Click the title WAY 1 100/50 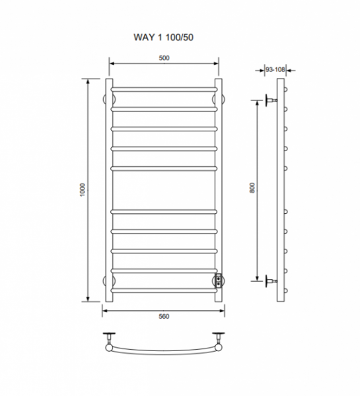pos(163,37)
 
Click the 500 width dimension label pos(164,58)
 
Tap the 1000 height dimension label pos(83,190)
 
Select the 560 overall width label pos(164,316)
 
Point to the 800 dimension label pos(252,188)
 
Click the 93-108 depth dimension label pos(275,69)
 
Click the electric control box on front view pos(218,281)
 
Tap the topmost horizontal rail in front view pos(164,89)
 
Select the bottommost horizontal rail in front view pos(164,290)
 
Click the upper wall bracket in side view pos(271,100)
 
